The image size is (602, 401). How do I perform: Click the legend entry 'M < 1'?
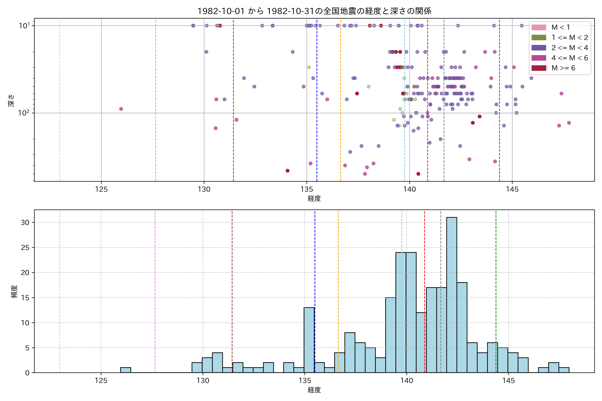tap(561, 27)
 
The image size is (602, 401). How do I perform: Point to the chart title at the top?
tap(314, 11)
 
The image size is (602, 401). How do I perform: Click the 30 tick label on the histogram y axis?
tap(25, 223)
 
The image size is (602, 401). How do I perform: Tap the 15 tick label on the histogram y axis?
tap(25, 298)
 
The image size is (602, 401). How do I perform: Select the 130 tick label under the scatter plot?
tap(204, 189)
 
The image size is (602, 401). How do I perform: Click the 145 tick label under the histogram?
tap(508, 381)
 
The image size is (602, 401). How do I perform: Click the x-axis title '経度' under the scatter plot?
tap(314, 198)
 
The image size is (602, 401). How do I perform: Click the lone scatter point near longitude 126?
tap(121, 109)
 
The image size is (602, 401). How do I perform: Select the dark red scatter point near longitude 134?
tap(287, 171)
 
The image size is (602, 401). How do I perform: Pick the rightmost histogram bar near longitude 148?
tap(564, 370)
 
